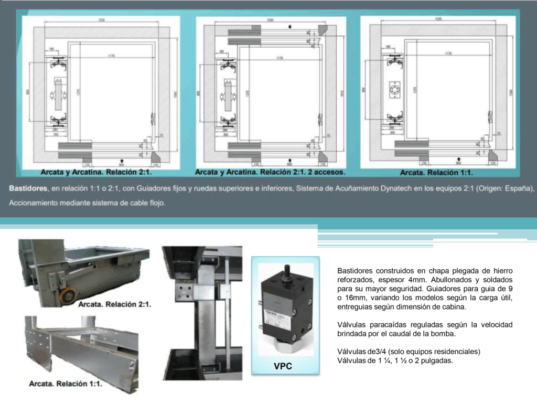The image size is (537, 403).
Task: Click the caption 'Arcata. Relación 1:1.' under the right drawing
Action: pos(436,172)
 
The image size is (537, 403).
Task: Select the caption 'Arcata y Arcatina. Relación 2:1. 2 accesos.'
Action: pos(270,172)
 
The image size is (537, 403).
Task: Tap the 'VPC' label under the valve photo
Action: pos(283,366)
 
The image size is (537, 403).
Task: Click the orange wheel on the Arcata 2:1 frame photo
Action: pos(67,296)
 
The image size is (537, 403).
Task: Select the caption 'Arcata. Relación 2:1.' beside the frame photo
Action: pos(114,304)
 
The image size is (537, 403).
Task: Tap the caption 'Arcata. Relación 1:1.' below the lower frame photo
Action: pos(66,384)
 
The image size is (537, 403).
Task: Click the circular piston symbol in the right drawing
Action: pos(394,92)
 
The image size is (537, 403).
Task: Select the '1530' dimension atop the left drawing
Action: pos(101,20)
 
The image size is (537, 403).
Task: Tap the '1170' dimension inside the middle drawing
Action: pos(280,58)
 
